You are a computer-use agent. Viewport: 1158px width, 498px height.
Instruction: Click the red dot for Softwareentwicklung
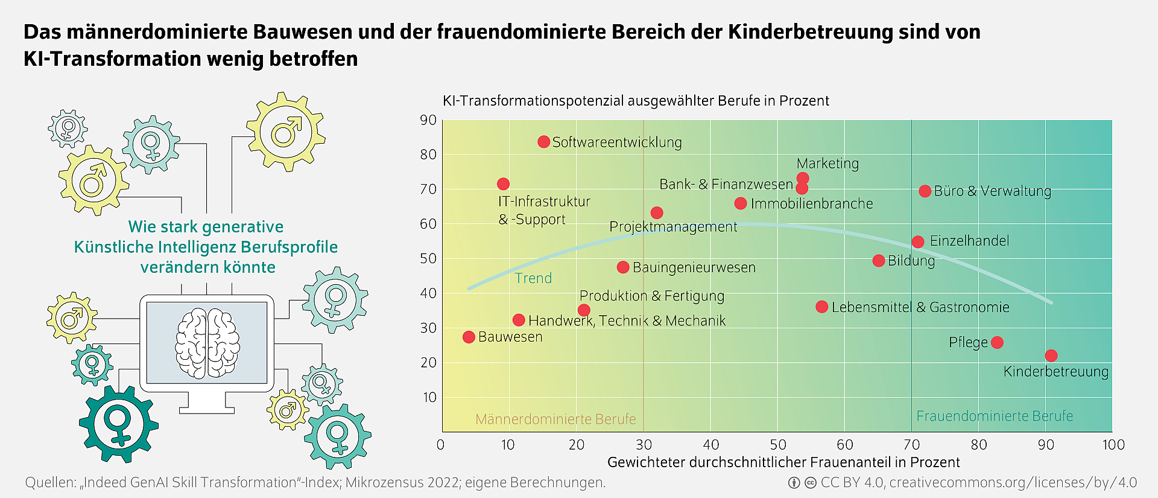point(543,142)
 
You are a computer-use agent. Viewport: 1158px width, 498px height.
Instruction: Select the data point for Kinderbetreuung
point(1051,356)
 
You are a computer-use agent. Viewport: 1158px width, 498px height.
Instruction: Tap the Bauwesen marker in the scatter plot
point(469,337)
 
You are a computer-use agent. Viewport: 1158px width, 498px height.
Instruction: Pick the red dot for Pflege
point(997,342)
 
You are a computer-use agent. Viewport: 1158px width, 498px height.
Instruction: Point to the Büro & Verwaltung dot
point(925,191)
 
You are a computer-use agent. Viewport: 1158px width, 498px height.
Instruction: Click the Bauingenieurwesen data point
point(623,267)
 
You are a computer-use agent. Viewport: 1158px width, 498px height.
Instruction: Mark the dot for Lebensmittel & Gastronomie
point(821,307)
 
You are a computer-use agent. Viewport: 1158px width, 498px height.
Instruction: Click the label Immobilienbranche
point(812,204)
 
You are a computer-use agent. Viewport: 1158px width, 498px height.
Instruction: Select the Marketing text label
point(827,164)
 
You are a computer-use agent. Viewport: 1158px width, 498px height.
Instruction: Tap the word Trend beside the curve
point(533,278)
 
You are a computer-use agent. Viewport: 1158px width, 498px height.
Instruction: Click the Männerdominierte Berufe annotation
point(555,419)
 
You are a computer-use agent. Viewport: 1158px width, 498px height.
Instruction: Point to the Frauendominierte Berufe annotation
point(995,416)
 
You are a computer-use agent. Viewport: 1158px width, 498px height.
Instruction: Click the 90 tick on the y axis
point(428,120)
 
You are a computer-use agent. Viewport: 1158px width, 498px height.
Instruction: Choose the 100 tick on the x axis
point(1113,445)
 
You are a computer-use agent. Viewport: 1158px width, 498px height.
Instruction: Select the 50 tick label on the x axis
point(778,445)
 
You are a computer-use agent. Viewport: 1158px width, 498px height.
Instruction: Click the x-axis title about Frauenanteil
point(783,462)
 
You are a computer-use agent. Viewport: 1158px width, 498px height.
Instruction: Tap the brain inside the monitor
point(207,343)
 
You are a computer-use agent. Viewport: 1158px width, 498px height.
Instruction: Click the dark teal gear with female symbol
point(118,424)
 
